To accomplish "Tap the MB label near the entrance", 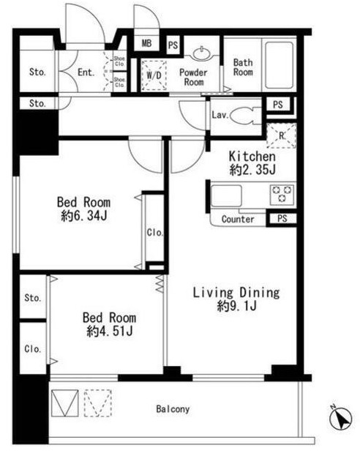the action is (x=146, y=43).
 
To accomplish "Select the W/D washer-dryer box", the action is (x=154, y=75).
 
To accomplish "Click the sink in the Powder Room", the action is (x=201, y=53).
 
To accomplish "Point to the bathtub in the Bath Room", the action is (x=279, y=65).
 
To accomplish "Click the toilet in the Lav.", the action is (x=245, y=116).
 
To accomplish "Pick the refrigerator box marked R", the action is (x=281, y=135).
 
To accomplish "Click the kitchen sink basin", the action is (x=226, y=196).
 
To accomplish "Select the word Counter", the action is (x=238, y=220).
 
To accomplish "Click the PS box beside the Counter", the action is (x=282, y=219).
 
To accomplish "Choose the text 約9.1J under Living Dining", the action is (x=236, y=306).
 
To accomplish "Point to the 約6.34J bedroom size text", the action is (x=84, y=215).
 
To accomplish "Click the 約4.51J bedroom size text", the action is (x=110, y=331).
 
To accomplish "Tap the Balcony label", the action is (x=173, y=409).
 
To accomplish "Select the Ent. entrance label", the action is (x=86, y=72).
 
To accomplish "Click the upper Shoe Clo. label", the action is (x=119, y=61).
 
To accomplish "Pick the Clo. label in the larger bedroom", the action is (x=155, y=232).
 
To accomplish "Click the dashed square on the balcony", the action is (x=98, y=403).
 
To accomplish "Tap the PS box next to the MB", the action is (x=173, y=45).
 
